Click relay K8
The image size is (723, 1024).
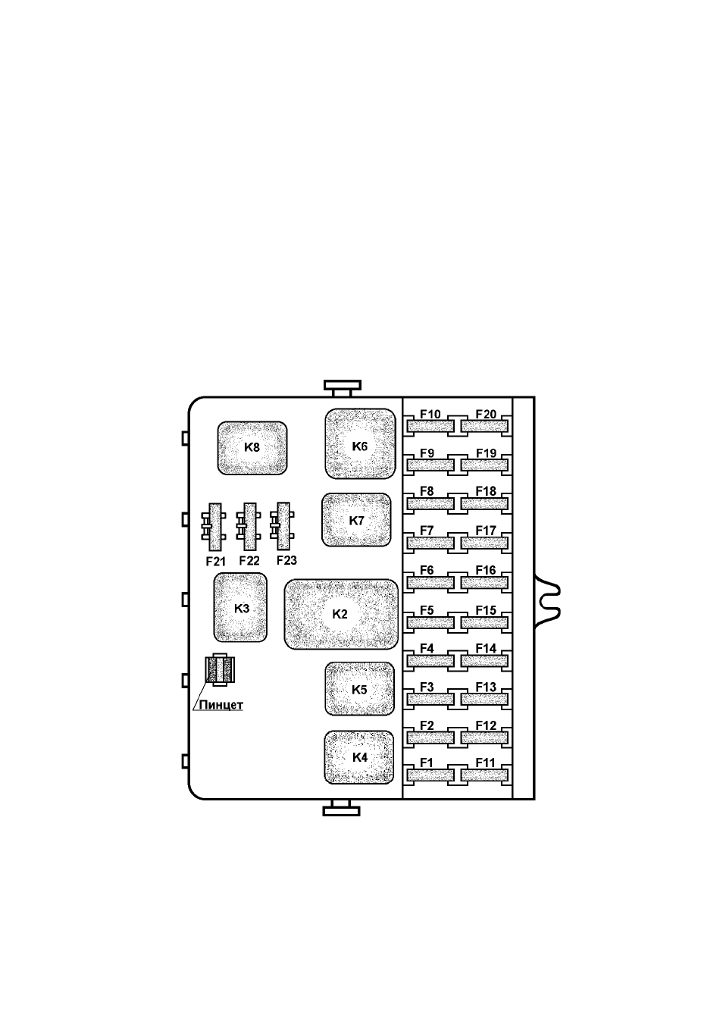pos(252,448)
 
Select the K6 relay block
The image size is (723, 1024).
pos(360,444)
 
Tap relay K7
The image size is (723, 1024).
pos(356,520)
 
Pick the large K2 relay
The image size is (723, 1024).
pos(341,615)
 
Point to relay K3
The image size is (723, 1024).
pos(240,608)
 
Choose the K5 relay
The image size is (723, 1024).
pos(360,689)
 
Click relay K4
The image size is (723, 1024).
pos(359,757)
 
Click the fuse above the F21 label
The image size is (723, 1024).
pos(214,527)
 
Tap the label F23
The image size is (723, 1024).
pos(286,560)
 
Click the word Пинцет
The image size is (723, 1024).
pos(221,705)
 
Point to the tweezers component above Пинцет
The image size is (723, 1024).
pos(221,670)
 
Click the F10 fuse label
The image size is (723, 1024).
pos(430,414)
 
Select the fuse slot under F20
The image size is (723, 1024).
pos(485,427)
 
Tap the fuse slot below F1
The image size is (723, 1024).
pos(430,775)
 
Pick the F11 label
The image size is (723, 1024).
pos(485,763)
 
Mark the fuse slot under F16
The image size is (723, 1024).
pos(485,583)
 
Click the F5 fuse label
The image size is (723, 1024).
pos(427,610)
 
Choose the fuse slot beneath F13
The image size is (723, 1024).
pos(485,700)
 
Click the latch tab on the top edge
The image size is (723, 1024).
pos(343,387)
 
